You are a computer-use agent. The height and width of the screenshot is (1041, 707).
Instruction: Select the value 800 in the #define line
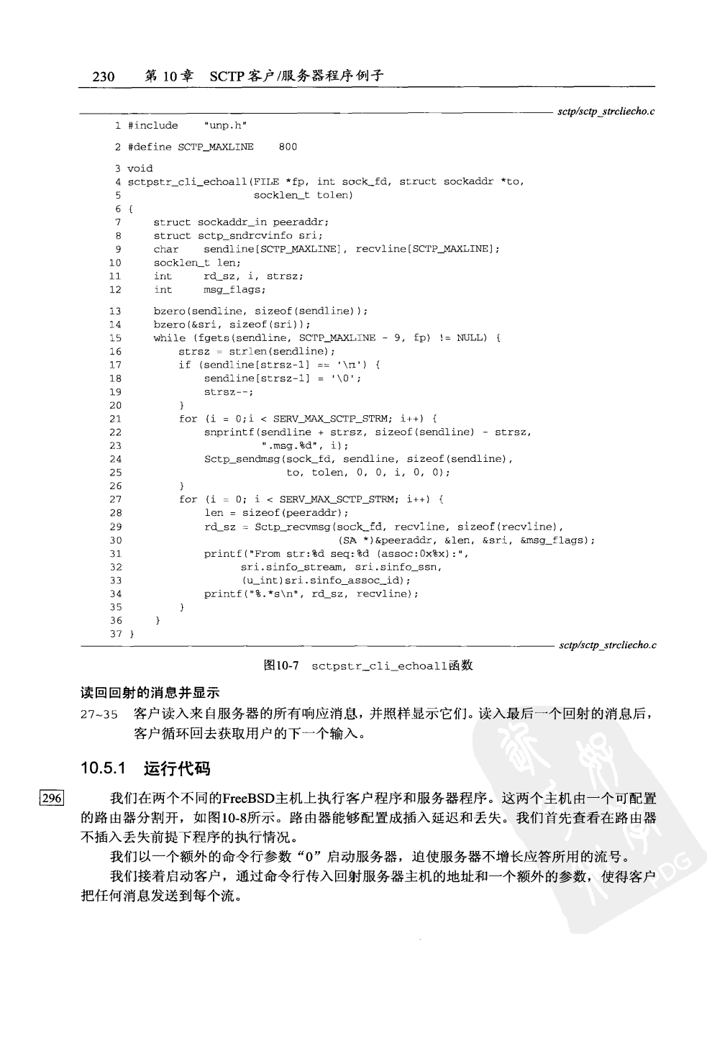[287, 147]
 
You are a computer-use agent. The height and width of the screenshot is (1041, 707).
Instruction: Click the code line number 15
[115, 337]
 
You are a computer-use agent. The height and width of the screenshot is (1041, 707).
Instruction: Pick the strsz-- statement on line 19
[228, 392]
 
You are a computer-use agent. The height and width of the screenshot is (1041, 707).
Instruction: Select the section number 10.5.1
[104, 768]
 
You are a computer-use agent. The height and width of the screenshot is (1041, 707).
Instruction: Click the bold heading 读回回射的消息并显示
[150, 693]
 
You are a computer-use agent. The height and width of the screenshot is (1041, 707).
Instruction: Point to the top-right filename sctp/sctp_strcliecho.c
[607, 112]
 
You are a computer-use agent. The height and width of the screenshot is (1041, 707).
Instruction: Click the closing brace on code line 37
[131, 634]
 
